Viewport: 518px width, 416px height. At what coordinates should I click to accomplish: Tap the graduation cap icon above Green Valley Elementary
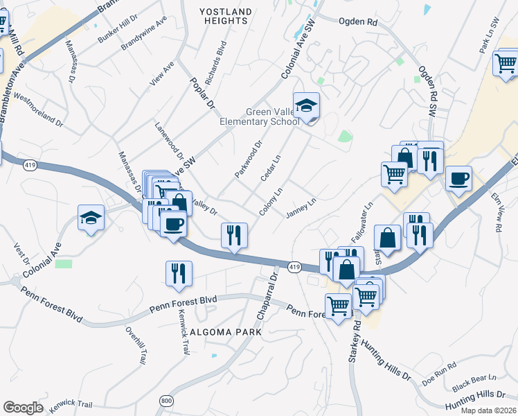(x=306, y=106)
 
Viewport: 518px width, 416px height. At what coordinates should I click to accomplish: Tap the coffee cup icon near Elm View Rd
(x=458, y=179)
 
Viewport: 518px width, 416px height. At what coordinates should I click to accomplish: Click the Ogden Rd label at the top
(x=358, y=22)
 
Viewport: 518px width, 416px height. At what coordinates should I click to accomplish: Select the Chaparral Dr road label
(x=267, y=297)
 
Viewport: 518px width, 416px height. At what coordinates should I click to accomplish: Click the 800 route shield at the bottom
(x=166, y=401)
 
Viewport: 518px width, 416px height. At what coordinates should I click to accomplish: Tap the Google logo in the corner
(x=23, y=408)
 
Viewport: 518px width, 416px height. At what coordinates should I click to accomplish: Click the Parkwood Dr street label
(x=249, y=159)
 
